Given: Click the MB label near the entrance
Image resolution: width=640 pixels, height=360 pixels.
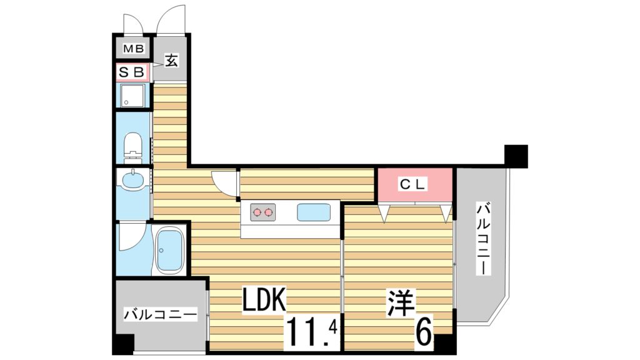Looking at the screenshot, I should pos(132,49).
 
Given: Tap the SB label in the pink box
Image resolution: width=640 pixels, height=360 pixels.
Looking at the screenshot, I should pos(132,72).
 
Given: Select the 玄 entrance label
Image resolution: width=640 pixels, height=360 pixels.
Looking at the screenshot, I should pos(171,61).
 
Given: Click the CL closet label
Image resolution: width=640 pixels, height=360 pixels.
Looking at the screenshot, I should pos(413,184).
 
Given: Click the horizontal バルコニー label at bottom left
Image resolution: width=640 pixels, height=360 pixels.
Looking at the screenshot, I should pos(160,314).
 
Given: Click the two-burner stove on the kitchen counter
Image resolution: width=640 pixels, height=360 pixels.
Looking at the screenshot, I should pos(262,212).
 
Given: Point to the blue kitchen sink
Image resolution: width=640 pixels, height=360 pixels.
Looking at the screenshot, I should pos(314,212).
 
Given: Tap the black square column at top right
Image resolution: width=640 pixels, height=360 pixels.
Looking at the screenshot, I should pos(516,156).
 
